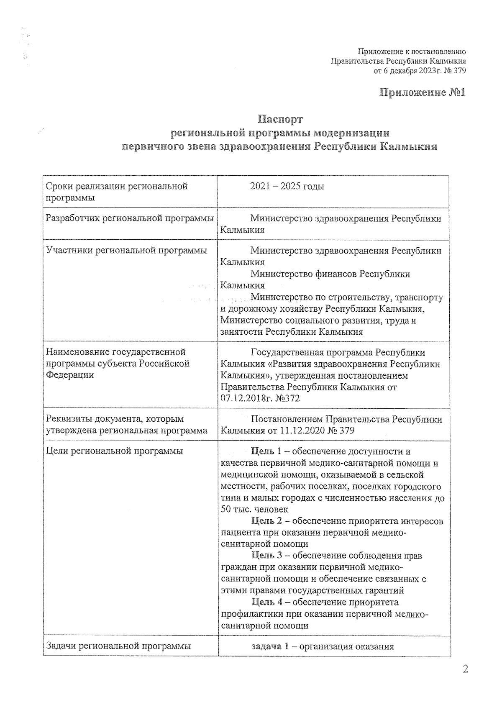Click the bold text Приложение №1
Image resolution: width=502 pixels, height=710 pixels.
[422, 92]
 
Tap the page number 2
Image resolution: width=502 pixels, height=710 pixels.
[465, 669]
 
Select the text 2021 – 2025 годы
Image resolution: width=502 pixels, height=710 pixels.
[287, 186]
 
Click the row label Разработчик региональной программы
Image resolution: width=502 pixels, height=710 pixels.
[130, 218]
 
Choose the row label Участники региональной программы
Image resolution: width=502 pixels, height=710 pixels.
[127, 250]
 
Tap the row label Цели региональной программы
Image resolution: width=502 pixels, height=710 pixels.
[115, 451]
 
